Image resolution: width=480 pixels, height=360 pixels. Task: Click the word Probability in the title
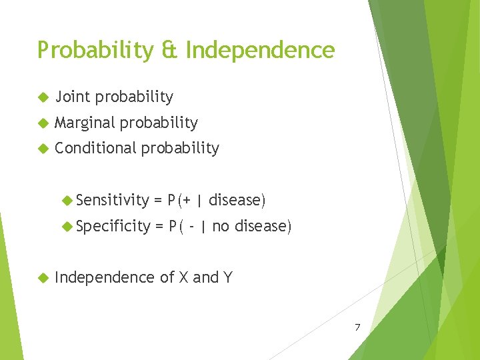[x=95, y=51]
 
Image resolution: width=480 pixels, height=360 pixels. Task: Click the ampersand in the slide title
[x=169, y=51]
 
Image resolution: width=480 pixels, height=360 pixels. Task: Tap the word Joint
[x=73, y=97]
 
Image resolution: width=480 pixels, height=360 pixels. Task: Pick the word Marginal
[x=85, y=123]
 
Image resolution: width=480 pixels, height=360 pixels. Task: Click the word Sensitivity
[x=113, y=200]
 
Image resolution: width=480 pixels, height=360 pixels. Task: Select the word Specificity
[x=113, y=227]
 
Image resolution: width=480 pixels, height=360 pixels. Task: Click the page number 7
[x=357, y=327]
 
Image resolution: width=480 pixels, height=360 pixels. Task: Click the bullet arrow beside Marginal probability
[x=43, y=123]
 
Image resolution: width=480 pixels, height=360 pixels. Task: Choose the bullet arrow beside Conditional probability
[x=43, y=149]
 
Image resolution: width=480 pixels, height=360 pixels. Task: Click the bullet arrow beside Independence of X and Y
[x=43, y=277]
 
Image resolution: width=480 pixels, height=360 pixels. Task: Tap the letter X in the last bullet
[x=183, y=277]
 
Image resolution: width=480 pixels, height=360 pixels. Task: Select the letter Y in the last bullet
[x=227, y=277]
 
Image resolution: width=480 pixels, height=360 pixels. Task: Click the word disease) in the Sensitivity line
[x=237, y=200]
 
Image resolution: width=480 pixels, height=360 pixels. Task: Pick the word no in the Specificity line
[x=221, y=227]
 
